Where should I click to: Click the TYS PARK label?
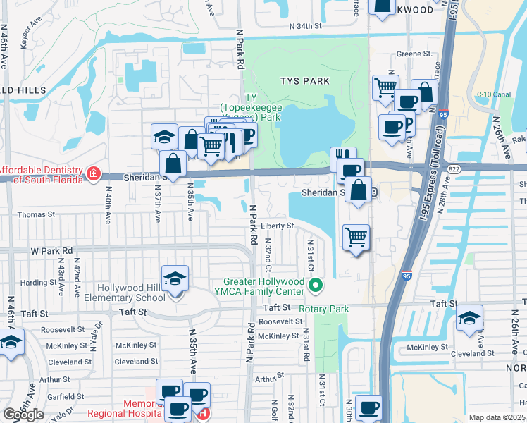(306, 81)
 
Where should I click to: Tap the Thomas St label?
(32, 214)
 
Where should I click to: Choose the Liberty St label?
(277, 226)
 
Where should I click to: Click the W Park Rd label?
(51, 250)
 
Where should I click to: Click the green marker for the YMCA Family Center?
(316, 286)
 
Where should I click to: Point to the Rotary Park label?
(324, 309)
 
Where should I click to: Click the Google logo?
(23, 415)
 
